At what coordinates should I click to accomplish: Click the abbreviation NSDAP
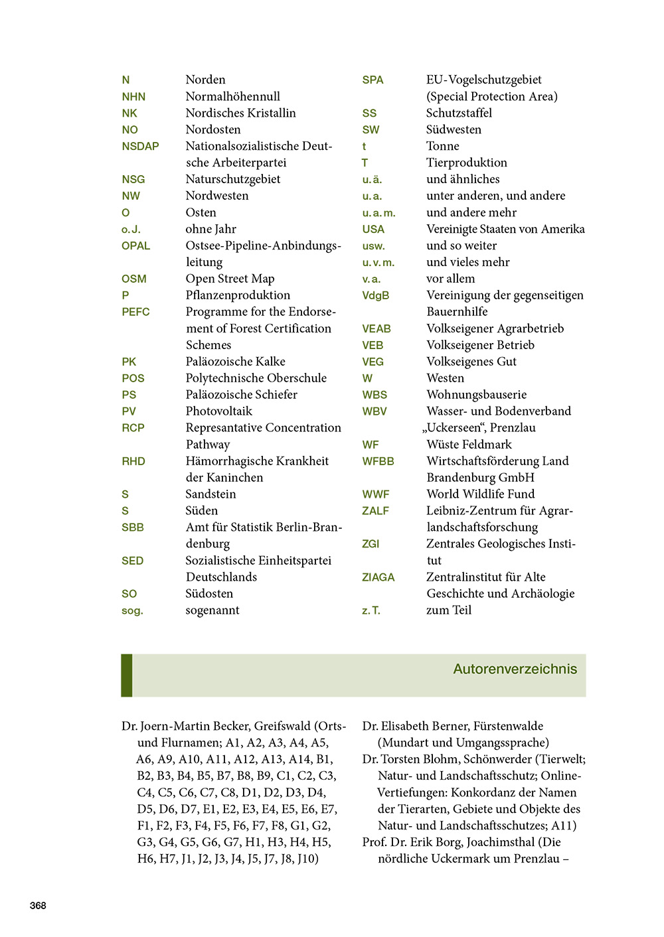pos(140,146)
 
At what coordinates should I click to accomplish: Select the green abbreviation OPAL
pos(135,246)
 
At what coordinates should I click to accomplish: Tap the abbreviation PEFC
pos(135,312)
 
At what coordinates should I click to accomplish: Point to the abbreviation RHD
pos(133,461)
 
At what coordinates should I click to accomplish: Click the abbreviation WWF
pos(375,494)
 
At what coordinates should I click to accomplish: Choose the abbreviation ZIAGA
pos(378,577)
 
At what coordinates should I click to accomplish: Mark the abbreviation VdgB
pos(375,295)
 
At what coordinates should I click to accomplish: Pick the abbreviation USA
pos(373,229)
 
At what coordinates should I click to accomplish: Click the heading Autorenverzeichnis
pos(515,669)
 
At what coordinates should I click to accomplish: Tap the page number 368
pos(38,905)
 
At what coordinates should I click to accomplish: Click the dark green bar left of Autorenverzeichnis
pos(126,675)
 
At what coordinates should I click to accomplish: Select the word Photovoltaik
pos(219,411)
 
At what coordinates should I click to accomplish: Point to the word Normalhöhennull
pos(232,96)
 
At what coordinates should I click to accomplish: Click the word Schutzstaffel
pos(459,113)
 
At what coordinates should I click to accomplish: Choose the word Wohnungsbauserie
pos(476,395)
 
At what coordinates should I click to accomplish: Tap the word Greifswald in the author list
pos(282,726)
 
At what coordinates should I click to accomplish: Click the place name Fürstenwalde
pos(505,726)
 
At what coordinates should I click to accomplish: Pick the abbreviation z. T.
pos(371,611)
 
